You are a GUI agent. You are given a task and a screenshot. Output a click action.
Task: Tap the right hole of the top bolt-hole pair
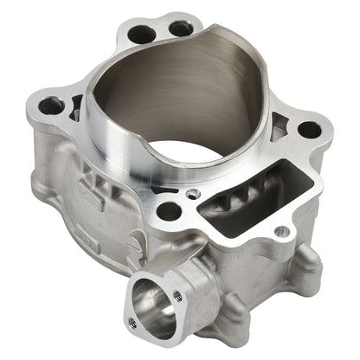181,29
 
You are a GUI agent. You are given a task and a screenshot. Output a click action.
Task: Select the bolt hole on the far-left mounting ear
51,106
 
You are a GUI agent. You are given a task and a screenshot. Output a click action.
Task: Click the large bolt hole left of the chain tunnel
170,210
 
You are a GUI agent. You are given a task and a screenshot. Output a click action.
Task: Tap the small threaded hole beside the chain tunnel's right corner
280,232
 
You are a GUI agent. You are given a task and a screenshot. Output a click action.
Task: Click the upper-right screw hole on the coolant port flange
177,295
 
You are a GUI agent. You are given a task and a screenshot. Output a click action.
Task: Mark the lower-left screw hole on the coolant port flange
132,322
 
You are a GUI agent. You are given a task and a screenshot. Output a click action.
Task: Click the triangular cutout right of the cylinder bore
276,130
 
